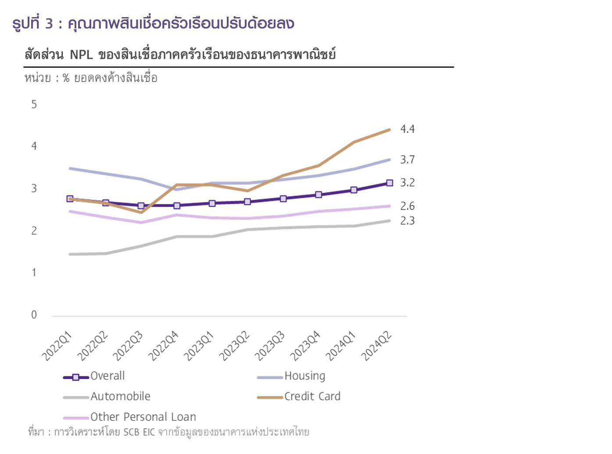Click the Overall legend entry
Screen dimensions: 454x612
(x=107, y=376)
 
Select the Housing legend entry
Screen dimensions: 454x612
(x=305, y=376)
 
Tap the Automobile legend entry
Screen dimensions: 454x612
(x=120, y=397)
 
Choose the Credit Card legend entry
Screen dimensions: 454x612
(x=312, y=397)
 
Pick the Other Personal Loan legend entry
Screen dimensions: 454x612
(x=143, y=417)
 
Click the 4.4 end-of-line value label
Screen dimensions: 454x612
(x=407, y=129)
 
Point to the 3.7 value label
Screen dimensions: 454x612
(x=407, y=160)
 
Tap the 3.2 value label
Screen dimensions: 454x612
(x=407, y=182)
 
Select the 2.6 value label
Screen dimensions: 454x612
(x=407, y=206)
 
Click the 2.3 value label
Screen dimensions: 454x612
(x=407, y=221)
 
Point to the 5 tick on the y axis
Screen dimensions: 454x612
(x=34, y=104)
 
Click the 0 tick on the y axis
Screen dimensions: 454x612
(x=34, y=315)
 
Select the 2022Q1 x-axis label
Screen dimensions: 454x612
(x=57, y=346)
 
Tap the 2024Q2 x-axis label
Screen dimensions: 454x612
(x=376, y=346)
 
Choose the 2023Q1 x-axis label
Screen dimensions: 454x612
(x=199, y=346)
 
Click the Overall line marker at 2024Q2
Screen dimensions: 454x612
(x=390, y=183)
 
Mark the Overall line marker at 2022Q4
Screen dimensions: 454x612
(x=177, y=206)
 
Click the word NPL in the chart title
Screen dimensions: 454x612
(x=82, y=55)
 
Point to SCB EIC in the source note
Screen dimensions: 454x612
(x=139, y=432)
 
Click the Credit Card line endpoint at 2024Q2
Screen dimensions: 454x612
(x=390, y=130)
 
